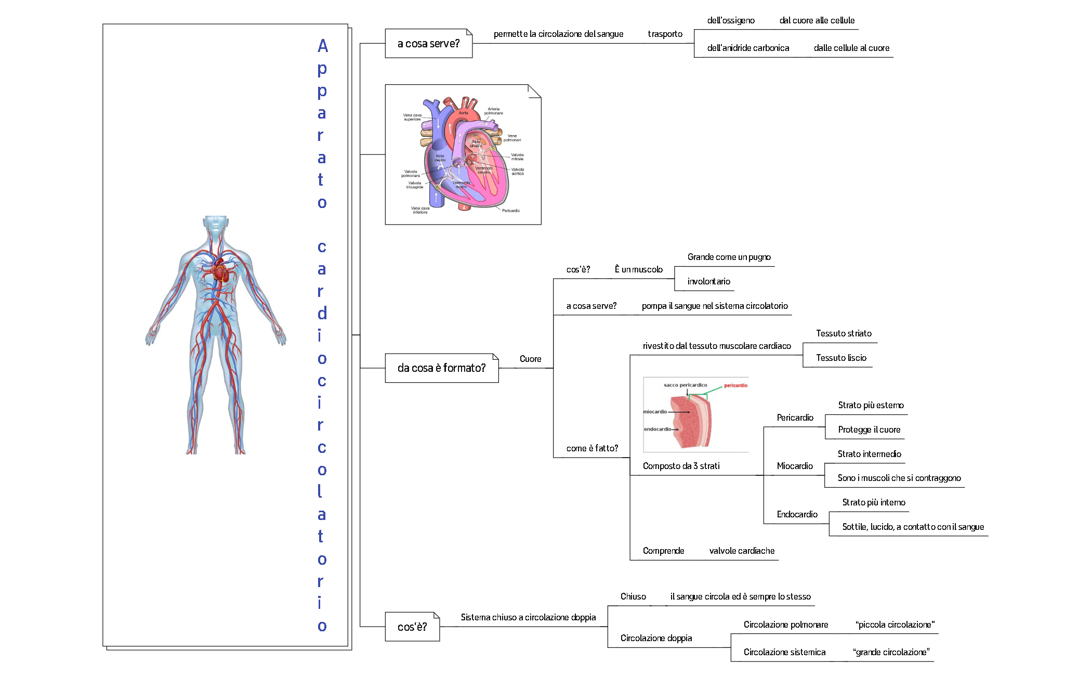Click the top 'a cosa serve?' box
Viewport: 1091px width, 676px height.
point(428,44)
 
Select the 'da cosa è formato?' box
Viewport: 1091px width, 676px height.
point(441,368)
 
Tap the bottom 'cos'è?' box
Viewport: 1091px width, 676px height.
point(412,627)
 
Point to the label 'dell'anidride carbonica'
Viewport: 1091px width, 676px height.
point(748,48)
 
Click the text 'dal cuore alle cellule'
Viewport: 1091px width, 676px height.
point(817,20)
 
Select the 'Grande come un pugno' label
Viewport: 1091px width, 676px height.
point(729,257)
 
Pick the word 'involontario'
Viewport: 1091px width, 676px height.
point(708,281)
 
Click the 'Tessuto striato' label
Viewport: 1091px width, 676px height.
point(844,333)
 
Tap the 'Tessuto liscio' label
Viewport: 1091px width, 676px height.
point(841,358)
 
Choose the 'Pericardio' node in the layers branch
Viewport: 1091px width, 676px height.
point(795,418)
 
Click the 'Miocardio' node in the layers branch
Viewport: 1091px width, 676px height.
point(794,466)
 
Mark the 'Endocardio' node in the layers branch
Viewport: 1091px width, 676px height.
point(797,514)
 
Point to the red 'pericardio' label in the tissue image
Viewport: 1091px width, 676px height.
point(735,385)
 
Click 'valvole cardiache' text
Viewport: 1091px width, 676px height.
point(742,551)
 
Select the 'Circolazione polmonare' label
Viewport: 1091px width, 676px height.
point(785,625)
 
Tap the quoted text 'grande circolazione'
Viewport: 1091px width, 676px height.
point(891,652)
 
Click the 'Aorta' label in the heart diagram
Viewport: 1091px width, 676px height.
point(463,113)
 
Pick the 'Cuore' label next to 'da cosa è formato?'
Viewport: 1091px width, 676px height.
point(530,359)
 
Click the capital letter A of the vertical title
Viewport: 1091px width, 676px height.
point(323,46)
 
